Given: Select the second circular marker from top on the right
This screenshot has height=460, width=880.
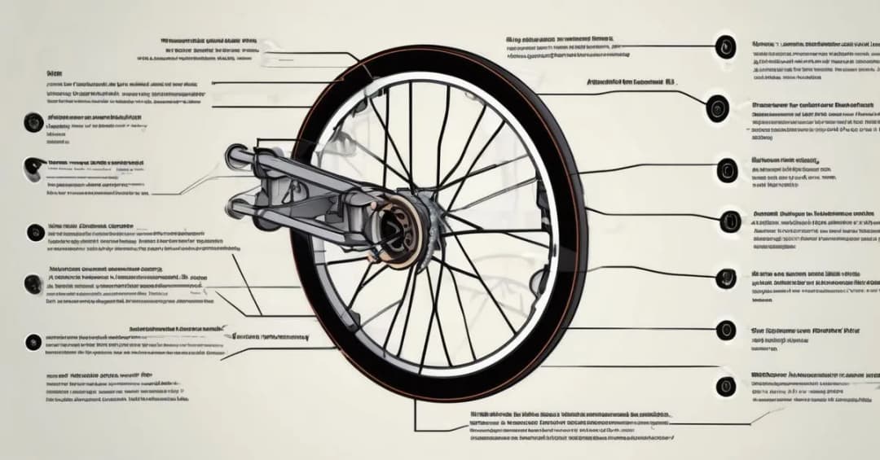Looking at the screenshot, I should click(x=718, y=107).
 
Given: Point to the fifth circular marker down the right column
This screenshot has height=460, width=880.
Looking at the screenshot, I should click(x=725, y=278).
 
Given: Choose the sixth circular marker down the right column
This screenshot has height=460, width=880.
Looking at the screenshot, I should click(x=725, y=330).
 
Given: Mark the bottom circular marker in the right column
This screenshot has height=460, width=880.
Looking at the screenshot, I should click(x=725, y=385).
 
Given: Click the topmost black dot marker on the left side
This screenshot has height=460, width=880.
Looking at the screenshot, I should click(x=33, y=122).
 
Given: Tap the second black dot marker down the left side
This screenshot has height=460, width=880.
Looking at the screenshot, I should click(x=34, y=166).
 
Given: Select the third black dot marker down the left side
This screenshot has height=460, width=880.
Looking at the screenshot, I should click(x=35, y=232).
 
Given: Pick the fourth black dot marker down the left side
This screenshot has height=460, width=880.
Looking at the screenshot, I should click(x=33, y=284).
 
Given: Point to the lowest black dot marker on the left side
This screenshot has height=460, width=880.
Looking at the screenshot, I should click(x=33, y=342).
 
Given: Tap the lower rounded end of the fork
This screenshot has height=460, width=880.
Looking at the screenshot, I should click(x=236, y=208).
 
